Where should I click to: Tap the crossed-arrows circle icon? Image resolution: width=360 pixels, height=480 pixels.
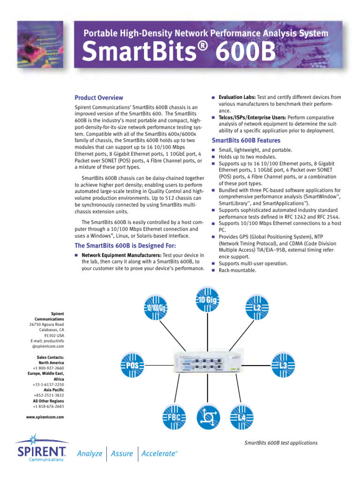(208, 416)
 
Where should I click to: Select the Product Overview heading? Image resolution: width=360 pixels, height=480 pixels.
(99, 98)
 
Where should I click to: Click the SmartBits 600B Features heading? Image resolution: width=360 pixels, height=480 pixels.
(246, 141)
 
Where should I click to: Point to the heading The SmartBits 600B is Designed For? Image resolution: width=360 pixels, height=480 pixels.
(125, 246)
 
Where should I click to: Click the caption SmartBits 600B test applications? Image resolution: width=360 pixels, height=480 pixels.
(281, 443)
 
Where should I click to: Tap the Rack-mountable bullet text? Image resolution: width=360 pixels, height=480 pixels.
(237, 270)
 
